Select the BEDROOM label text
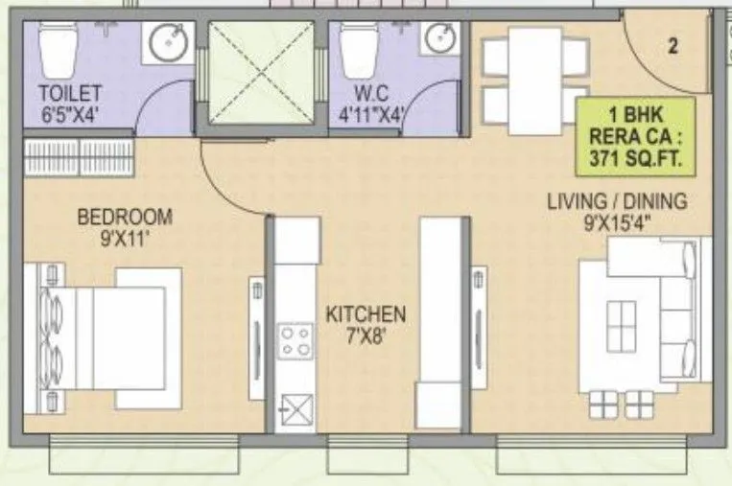coord(125,216)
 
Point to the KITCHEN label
coord(365,314)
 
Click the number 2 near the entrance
coord(673,46)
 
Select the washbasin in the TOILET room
coord(168,43)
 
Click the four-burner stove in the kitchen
coord(295,342)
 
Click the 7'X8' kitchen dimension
coord(365,336)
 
